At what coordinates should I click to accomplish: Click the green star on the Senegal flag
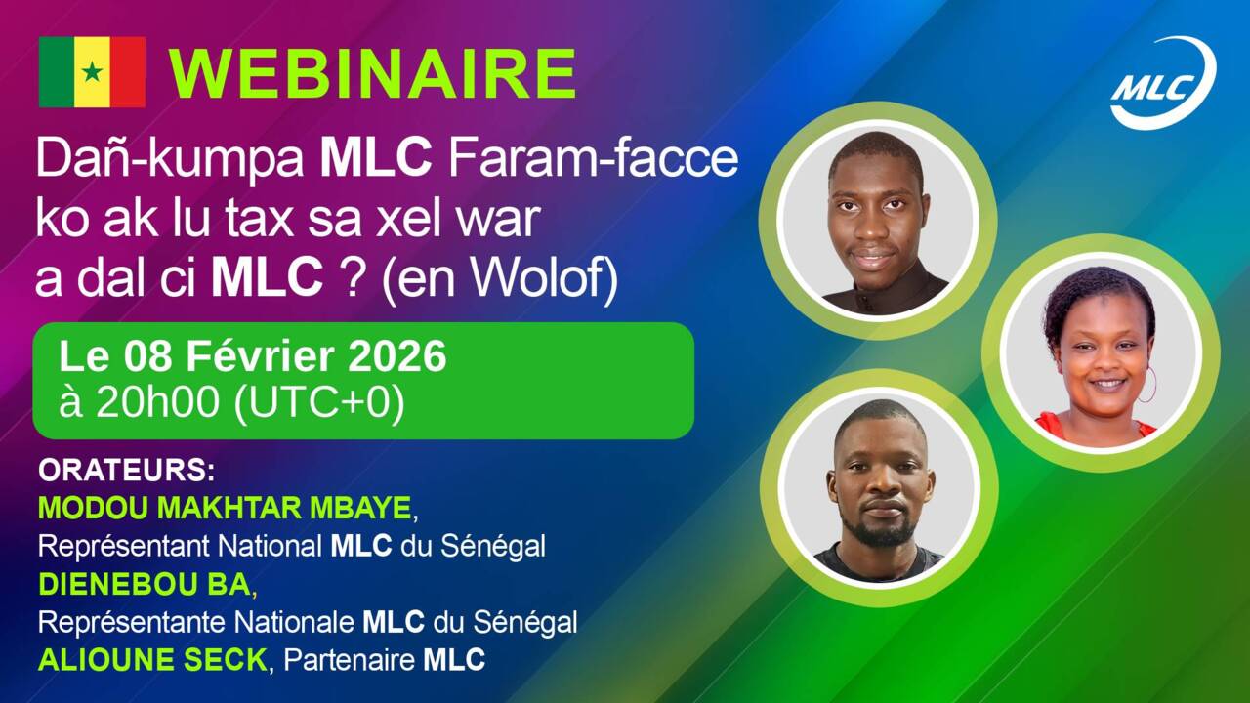tap(92, 72)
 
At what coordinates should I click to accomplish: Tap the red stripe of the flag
tap(128, 72)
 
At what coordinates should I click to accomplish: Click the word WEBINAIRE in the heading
tap(373, 73)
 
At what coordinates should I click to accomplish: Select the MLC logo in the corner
tap(1163, 83)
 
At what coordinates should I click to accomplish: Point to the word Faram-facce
tap(593, 159)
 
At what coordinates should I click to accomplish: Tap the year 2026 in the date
tap(396, 356)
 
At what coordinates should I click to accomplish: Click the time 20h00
tap(157, 402)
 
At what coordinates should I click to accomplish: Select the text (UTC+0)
tap(319, 403)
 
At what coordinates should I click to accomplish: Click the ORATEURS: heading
tap(127, 471)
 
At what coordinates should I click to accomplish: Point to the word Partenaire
tap(350, 661)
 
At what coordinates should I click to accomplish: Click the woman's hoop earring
tap(1146, 385)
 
